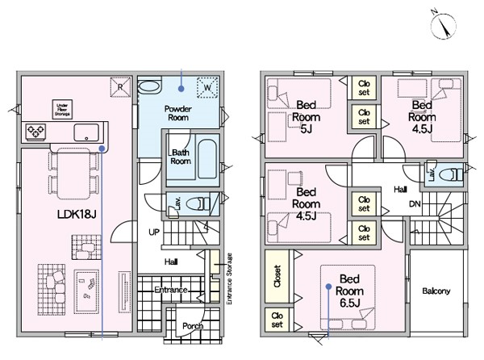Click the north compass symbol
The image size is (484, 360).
coord(443,25)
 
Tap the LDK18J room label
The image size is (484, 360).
coord(77,214)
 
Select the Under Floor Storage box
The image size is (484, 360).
coord(63,109)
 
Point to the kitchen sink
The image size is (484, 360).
coord(86,132)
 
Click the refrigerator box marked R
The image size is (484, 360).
coord(120,87)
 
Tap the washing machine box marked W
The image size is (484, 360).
coord(207,88)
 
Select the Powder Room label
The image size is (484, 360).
coord(178,113)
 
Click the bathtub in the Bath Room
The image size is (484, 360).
coord(207,159)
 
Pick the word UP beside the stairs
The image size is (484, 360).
coord(154,232)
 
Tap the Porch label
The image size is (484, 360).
coord(193,326)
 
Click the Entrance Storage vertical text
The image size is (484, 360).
coord(229,278)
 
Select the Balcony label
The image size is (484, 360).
coord(436,291)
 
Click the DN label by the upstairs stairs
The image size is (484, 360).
coord(415,203)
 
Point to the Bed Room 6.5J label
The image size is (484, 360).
coord(350,291)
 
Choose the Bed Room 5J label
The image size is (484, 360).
coord(307,117)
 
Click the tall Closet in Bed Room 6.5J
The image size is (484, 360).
coord(277,276)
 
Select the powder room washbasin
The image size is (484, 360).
coord(149,86)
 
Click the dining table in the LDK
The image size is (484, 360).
coord(73,174)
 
